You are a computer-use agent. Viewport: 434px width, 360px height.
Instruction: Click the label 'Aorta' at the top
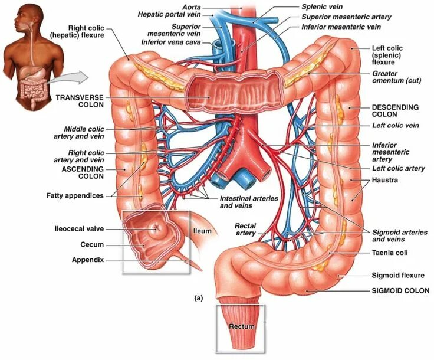[191, 6]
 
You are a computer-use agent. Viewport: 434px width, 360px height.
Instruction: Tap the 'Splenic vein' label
[322, 7]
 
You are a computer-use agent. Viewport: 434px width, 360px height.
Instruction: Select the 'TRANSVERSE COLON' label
[80, 100]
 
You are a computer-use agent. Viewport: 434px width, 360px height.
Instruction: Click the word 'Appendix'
[88, 260]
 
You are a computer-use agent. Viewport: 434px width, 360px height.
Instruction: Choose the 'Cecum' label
[92, 244]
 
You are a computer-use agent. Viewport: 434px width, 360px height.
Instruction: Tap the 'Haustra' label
[385, 180]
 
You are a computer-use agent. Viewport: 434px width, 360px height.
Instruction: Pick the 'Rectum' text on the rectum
[241, 326]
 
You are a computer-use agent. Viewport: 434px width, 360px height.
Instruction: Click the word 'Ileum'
[203, 231]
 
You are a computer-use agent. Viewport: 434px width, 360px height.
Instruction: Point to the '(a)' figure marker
[198, 299]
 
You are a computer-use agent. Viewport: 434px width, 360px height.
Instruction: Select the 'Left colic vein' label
[396, 125]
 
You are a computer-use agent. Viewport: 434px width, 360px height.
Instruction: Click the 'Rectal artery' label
[245, 229]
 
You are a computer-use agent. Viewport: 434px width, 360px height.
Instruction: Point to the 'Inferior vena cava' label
[170, 42]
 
